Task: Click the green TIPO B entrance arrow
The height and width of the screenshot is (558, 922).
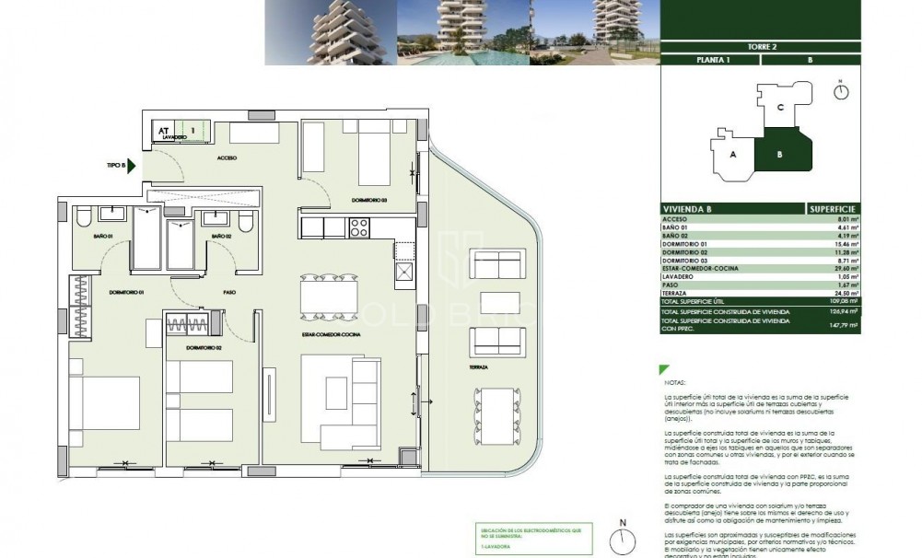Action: pos(131,167)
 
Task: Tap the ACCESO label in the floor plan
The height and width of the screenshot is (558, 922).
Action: pos(227,157)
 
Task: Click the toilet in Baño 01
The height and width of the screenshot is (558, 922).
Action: pos(82,219)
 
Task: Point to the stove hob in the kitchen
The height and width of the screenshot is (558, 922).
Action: pos(357,226)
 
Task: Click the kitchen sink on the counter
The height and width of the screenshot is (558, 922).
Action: pos(403,271)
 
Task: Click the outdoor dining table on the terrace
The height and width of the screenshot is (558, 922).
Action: pos(488,414)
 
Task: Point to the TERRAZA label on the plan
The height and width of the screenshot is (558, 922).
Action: pos(476,366)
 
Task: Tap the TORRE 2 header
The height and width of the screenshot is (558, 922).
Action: pos(760,46)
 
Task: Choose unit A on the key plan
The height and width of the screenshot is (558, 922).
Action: pos(733,155)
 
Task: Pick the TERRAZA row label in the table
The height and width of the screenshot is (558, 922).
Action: pos(676,293)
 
